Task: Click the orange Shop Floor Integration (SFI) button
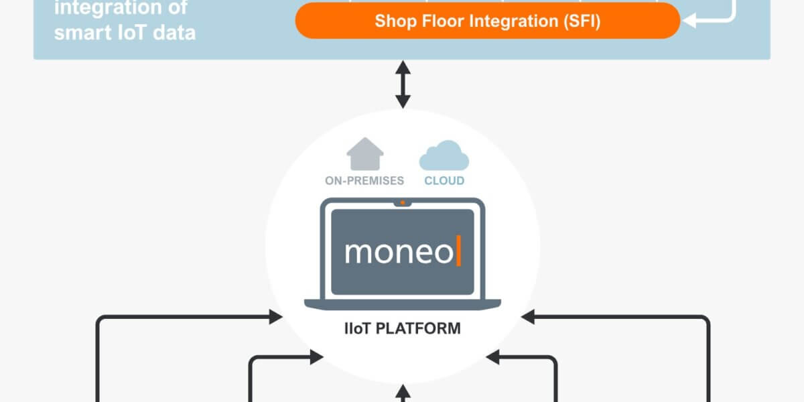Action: point(487,21)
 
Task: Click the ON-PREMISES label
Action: point(364,181)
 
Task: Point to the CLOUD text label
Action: point(444,181)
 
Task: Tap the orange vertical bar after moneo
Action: point(459,251)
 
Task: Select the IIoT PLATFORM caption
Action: point(402,329)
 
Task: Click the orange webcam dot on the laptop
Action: point(402,202)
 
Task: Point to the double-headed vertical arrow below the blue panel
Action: point(402,84)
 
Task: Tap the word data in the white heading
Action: point(176,32)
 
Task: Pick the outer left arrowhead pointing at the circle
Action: point(275,317)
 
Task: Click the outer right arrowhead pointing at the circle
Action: point(529,317)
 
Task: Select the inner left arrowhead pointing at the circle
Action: point(317,358)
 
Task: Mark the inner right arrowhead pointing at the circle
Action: point(493,358)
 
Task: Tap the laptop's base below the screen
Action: point(402,304)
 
